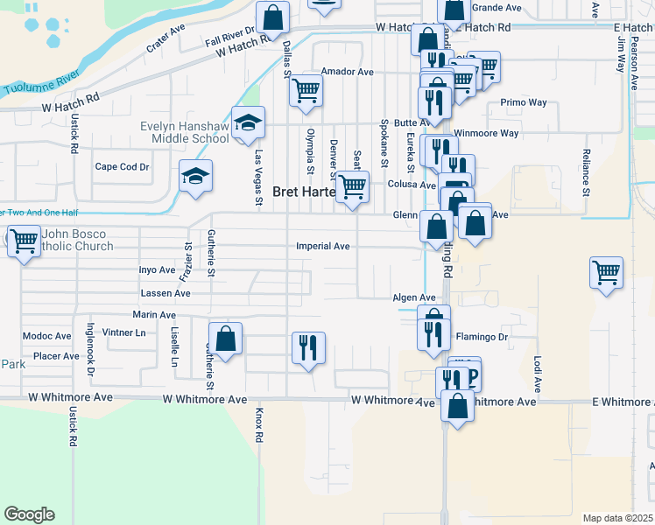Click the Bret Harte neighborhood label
[304, 192]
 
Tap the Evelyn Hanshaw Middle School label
[185, 132]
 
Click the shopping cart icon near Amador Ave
[306, 90]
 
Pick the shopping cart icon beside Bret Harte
[352, 186]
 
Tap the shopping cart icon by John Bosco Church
[24, 240]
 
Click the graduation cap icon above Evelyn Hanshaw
[248, 122]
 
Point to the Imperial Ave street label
[323, 247]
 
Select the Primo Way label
[524, 102]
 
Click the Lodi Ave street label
[538, 373]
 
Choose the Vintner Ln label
[124, 332]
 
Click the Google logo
[29, 514]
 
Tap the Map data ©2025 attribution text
[617, 518]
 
